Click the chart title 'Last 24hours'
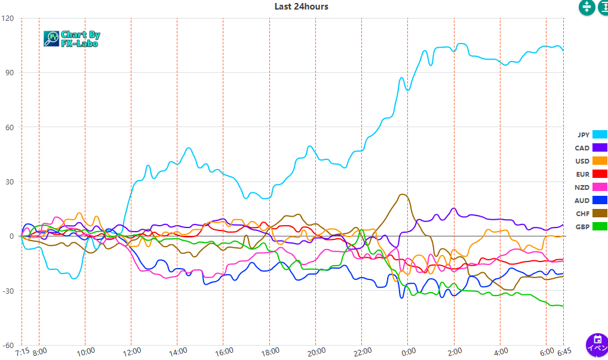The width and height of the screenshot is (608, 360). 301,7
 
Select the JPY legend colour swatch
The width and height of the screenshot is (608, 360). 600,135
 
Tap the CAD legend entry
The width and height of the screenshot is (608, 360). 591,148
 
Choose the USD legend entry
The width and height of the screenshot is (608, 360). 591,161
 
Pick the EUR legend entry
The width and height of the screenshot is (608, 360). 591,174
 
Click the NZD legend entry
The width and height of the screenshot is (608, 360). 591,187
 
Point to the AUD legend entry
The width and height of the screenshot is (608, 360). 591,201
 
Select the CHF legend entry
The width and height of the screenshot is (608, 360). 591,214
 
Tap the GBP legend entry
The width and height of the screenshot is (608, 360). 591,227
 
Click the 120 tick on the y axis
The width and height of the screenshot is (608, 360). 8,18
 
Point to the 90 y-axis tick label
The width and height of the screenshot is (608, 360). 10,73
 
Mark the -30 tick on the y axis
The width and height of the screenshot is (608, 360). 8,291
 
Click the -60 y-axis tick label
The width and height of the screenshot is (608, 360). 8,345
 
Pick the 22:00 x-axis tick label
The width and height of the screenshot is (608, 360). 362,351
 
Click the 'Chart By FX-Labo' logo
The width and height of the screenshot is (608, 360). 72,39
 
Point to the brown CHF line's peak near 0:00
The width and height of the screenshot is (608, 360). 403,194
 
